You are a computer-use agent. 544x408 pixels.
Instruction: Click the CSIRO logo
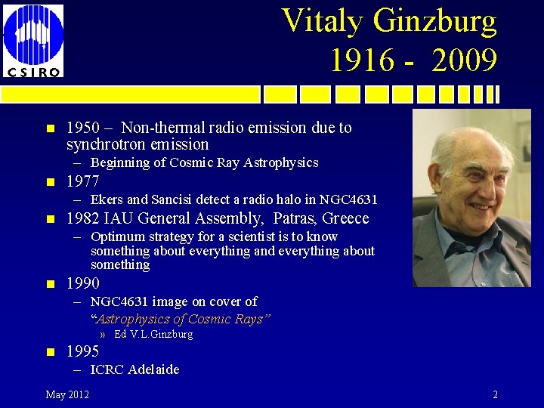(33, 39)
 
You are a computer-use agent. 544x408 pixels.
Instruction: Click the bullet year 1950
(83, 128)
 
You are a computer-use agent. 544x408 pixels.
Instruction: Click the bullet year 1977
(83, 181)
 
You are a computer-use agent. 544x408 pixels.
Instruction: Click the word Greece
(345, 218)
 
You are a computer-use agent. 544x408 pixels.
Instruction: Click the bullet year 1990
(83, 283)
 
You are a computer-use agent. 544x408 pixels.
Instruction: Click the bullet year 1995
(83, 351)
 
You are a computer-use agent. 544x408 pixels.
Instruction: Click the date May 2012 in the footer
(67, 394)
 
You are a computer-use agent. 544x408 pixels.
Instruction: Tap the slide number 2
(495, 394)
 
